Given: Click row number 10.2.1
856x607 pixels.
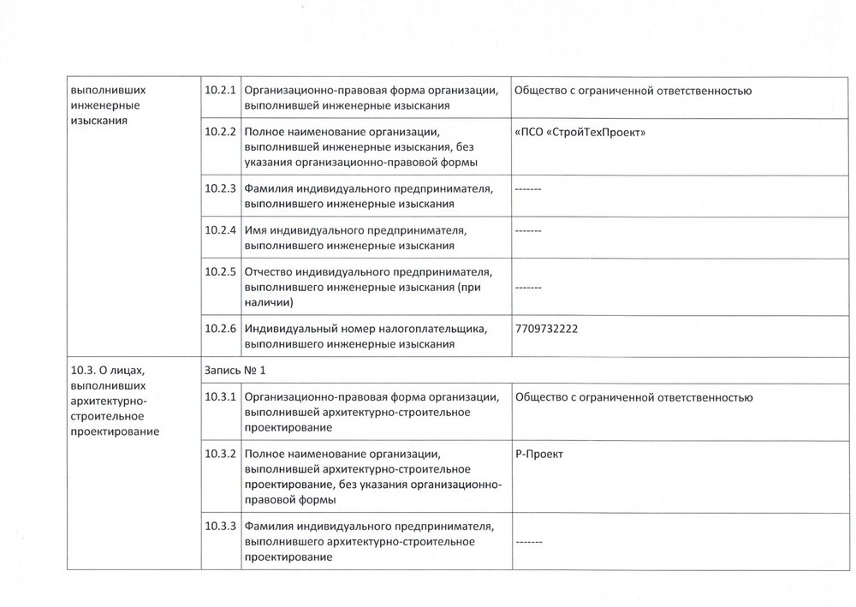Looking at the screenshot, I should [220, 90].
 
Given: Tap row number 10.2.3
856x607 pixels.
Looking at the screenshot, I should [220, 188].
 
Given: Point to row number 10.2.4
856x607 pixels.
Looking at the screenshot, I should [220, 230].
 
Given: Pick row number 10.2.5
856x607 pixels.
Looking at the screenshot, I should [220, 272].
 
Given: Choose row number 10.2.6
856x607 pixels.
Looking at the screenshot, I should [220, 328].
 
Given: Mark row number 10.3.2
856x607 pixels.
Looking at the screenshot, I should [220, 453].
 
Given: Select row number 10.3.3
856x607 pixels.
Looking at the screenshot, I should [220, 525].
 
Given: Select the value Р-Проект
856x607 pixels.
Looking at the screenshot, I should [539, 453].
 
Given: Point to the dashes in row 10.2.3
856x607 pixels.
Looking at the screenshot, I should [528, 188].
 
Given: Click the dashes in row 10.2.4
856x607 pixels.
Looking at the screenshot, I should [528, 230].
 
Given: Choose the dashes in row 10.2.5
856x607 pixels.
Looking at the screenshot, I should [528, 288].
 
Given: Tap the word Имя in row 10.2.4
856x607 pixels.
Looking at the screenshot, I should [255, 230].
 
